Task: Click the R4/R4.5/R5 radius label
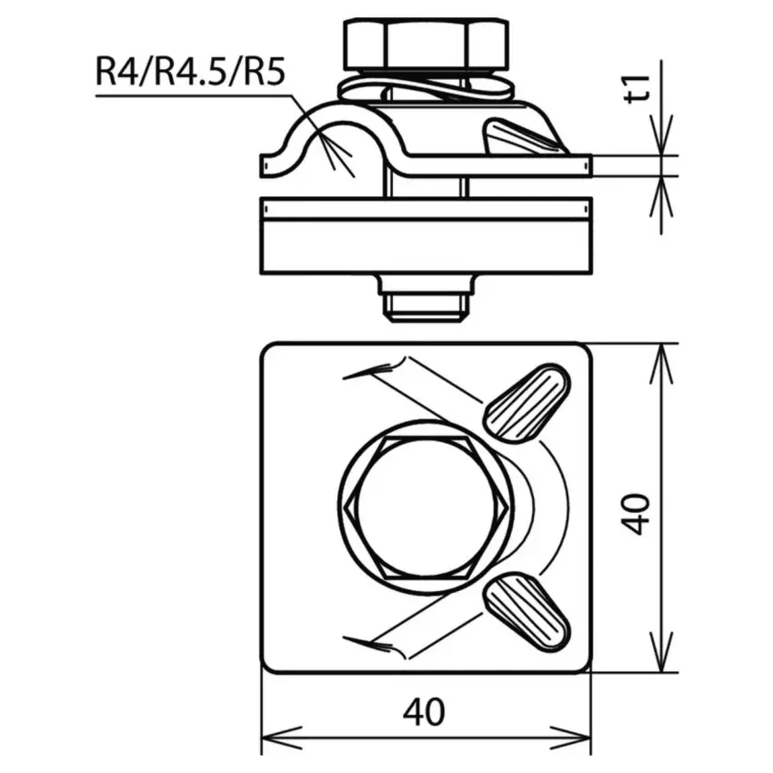coord(190,73)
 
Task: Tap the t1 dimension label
coord(637,89)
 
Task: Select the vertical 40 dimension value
coord(636,514)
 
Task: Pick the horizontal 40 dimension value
coord(424,712)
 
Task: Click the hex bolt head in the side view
coord(425,44)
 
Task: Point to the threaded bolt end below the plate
coord(425,308)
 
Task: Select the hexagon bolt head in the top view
coord(425,507)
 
